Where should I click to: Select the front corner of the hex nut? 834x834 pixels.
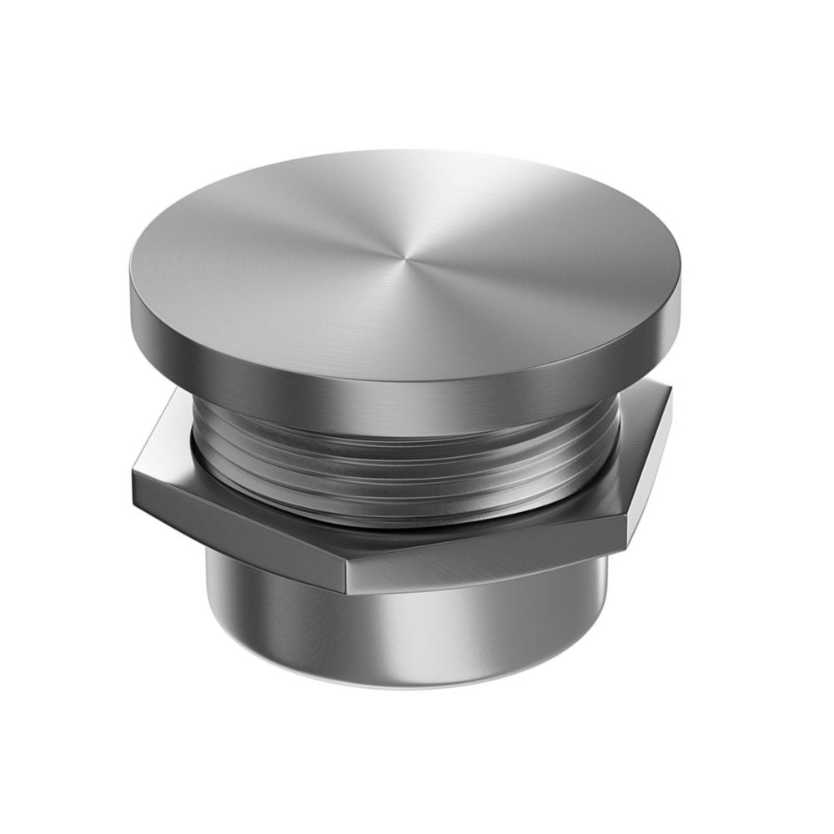344,575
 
